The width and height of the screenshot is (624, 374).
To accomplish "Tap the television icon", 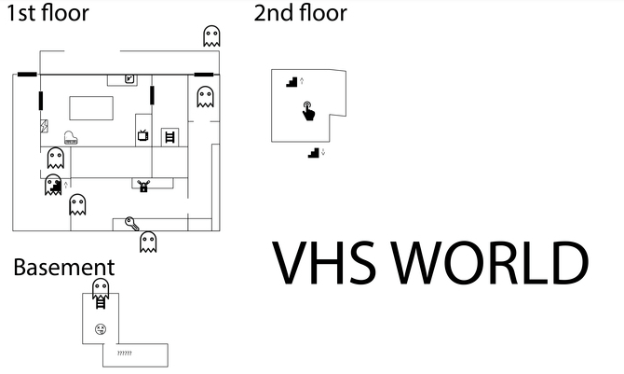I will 143,136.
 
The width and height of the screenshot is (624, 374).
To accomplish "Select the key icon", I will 131,223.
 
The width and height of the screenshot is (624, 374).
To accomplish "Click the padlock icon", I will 143,186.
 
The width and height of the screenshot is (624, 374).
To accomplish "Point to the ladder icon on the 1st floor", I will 170,137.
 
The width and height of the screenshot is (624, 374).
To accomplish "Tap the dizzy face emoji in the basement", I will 100,328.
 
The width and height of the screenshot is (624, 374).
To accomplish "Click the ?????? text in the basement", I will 124,353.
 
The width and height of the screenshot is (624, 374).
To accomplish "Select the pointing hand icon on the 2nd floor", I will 308,112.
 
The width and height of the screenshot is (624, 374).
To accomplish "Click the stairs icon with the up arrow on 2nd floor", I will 292,81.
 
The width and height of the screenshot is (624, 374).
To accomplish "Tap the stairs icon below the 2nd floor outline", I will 314,152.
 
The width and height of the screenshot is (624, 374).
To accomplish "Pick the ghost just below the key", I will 147,242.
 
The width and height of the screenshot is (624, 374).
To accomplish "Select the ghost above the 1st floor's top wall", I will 212,36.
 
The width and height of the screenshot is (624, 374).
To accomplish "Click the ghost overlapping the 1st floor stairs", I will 53,184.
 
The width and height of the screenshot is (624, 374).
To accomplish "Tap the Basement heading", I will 63,268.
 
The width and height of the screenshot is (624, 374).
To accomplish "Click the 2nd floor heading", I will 300,13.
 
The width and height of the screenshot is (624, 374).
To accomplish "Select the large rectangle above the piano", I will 89,107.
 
